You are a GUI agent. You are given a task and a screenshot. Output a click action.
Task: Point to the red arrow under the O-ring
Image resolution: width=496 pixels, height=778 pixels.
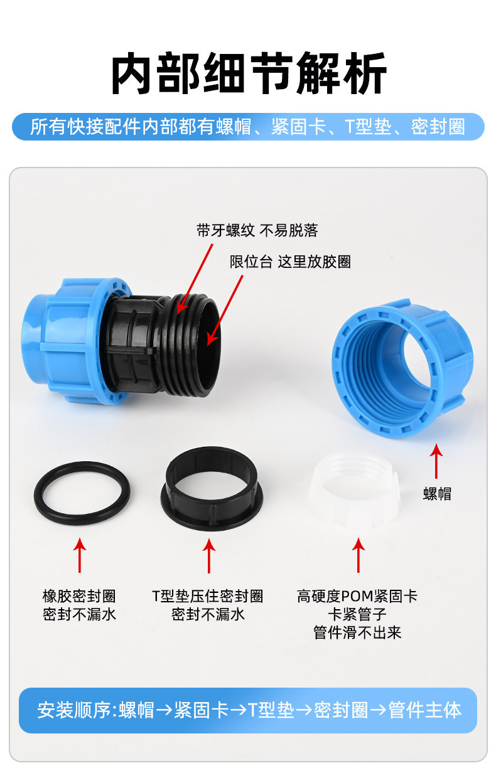(80, 555)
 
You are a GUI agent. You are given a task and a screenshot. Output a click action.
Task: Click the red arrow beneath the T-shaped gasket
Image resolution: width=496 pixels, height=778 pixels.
(209, 556)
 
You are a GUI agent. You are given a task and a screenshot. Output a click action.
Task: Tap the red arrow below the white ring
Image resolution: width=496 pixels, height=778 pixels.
(359, 555)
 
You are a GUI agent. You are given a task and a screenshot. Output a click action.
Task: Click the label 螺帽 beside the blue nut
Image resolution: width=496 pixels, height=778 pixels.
(437, 494)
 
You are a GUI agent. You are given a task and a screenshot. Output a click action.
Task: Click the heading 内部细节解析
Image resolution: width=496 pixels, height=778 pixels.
(249, 73)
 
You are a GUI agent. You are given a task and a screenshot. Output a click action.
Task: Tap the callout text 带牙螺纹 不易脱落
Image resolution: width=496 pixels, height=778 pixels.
(257, 230)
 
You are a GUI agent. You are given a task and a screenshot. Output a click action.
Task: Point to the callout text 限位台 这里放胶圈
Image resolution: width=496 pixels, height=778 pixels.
(290, 262)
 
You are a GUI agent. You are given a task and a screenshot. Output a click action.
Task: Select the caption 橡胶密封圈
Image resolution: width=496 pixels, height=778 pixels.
(79, 596)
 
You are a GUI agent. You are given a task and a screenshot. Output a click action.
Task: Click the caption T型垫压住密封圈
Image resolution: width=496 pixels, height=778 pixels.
(208, 596)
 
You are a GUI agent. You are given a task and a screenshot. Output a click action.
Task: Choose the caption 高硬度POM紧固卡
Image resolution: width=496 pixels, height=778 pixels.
(357, 596)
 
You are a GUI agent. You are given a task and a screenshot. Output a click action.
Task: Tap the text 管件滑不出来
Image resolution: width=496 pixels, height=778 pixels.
(357, 632)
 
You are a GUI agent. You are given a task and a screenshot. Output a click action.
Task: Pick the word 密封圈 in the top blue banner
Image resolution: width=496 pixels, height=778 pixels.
(438, 127)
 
